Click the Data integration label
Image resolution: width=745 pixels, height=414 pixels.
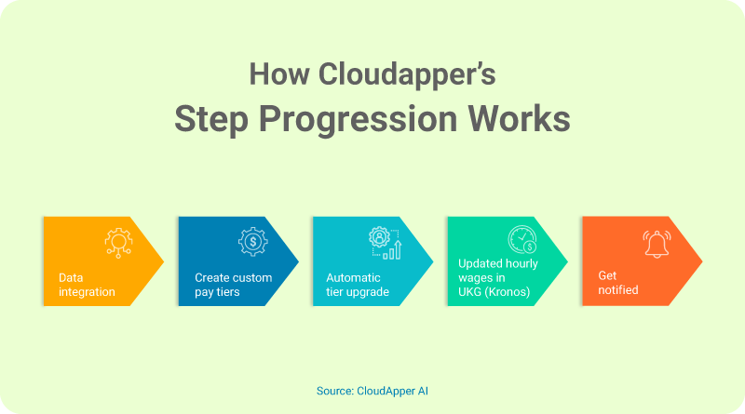coord(87,285)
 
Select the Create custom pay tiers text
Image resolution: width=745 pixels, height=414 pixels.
coord(233,285)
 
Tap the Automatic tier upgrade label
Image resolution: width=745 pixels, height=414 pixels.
coord(358,285)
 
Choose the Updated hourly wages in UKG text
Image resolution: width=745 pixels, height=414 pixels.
coord(495,277)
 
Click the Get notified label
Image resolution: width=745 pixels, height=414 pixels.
coord(618,283)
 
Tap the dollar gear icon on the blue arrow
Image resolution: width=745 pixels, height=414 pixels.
coord(252,242)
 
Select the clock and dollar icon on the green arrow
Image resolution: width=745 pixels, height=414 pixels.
coord(521,244)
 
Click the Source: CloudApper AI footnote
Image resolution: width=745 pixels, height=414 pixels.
coord(372,392)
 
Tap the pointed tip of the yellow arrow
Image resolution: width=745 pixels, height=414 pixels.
coord(163,261)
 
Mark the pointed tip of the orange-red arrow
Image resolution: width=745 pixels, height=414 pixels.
coord(701,261)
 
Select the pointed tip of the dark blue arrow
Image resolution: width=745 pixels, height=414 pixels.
coord(298,261)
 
